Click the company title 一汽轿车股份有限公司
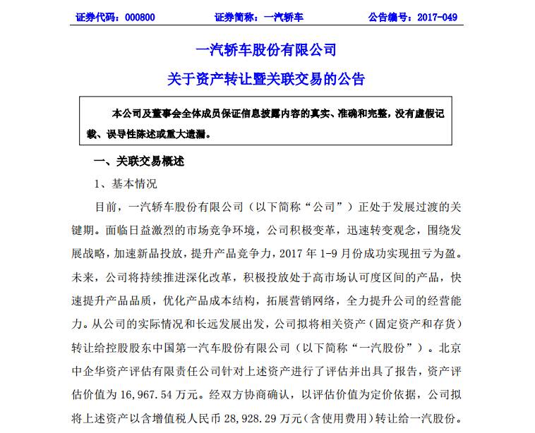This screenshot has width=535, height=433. tap(266, 50)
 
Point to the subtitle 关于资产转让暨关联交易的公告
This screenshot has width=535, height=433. tap(266, 79)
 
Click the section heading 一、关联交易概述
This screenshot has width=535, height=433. tap(139, 161)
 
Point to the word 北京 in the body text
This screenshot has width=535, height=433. tap(450, 347)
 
